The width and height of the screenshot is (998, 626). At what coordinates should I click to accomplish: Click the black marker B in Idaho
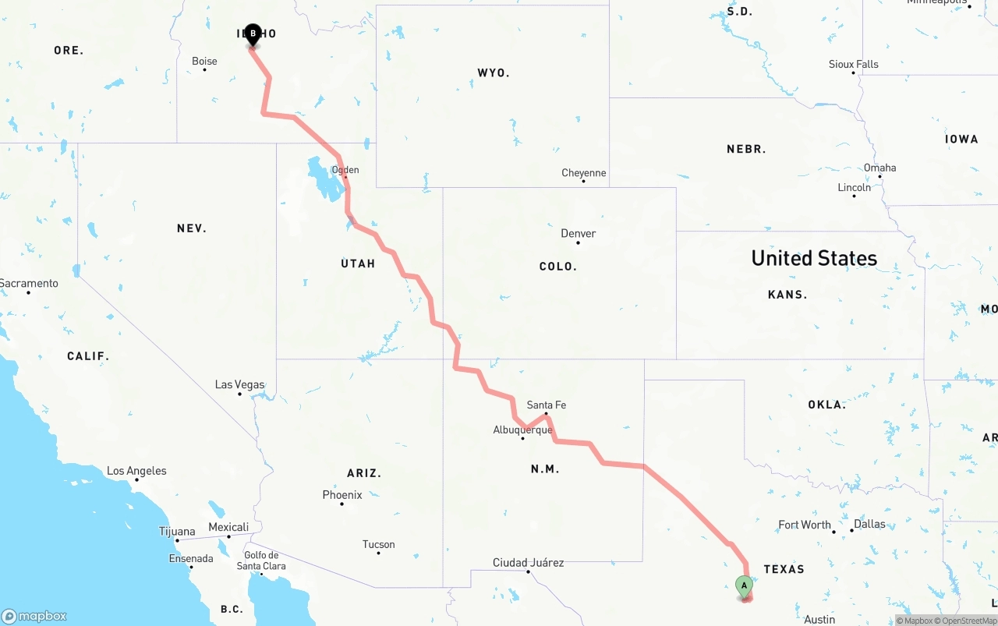(x=253, y=34)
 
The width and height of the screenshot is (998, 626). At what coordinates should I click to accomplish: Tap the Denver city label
(x=578, y=233)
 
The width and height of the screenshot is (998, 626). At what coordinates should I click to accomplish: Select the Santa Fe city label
(x=546, y=405)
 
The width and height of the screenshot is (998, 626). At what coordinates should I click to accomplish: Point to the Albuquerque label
(x=522, y=430)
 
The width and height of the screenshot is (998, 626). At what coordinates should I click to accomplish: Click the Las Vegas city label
(x=239, y=385)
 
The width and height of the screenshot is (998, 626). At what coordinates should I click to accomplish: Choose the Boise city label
(x=204, y=61)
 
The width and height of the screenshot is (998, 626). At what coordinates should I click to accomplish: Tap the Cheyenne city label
(x=583, y=173)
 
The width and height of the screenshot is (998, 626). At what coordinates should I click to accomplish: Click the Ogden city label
(x=345, y=170)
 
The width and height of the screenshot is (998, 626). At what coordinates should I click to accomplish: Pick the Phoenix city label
(x=342, y=494)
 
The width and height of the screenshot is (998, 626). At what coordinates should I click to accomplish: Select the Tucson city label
(x=378, y=544)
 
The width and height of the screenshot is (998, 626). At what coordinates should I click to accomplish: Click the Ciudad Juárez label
(x=528, y=562)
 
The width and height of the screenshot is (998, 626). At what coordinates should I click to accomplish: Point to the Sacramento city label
(x=29, y=283)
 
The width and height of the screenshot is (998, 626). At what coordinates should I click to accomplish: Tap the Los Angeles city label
(x=136, y=471)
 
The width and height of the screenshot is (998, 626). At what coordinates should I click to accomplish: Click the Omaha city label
(x=879, y=168)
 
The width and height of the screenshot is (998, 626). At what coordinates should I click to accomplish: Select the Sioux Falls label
(x=853, y=64)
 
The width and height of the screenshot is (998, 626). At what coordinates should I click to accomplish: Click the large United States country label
(x=814, y=258)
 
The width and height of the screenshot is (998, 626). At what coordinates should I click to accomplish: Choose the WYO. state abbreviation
(x=493, y=73)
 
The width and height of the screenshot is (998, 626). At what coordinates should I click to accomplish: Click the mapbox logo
(x=34, y=616)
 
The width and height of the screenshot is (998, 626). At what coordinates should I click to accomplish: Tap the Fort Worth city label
(x=805, y=525)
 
